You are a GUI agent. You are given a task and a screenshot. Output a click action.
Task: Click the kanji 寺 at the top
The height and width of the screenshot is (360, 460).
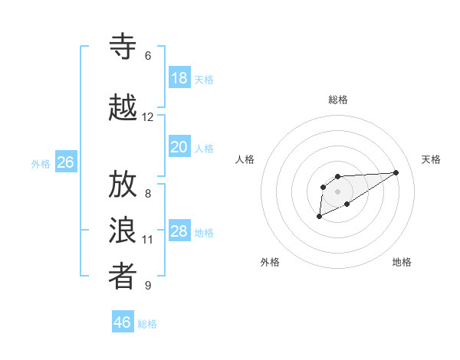(123, 47)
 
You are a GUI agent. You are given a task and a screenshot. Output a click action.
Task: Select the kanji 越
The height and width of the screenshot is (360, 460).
(123, 108)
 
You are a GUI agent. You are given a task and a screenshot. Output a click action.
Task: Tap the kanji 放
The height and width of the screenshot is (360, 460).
(123, 185)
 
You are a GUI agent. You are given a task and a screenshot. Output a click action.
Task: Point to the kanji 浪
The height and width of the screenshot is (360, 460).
(123, 231)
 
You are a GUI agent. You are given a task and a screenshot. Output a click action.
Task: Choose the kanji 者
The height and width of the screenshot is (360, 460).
(123, 277)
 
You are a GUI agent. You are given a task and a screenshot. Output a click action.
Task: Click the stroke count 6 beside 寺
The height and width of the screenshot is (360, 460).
(147, 56)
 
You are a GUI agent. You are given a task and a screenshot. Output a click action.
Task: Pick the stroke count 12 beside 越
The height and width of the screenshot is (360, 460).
(148, 117)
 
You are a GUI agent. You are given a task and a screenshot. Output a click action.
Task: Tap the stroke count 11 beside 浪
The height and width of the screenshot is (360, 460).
(148, 240)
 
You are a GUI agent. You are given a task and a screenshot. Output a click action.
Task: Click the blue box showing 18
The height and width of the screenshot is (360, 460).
(179, 77)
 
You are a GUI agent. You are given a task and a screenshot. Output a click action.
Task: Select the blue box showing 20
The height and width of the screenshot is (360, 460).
(179, 146)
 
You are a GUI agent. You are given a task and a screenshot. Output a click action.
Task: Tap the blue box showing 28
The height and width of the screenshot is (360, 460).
(179, 231)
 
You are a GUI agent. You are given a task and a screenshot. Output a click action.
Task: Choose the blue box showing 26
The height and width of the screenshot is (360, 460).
(65, 162)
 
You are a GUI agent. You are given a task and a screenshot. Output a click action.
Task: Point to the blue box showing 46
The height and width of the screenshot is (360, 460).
(122, 322)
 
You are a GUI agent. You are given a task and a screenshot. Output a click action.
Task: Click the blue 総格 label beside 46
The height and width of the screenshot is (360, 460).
(147, 324)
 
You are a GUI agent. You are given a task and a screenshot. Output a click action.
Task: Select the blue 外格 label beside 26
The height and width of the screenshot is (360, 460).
(41, 164)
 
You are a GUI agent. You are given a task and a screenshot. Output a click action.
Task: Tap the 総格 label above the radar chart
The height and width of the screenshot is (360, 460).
(337, 100)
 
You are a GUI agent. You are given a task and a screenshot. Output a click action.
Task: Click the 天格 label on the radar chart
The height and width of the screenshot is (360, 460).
(431, 159)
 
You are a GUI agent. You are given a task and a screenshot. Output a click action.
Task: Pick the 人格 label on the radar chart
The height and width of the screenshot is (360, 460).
(245, 159)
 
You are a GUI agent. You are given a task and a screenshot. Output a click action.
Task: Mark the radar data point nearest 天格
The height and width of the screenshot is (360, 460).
(396, 172)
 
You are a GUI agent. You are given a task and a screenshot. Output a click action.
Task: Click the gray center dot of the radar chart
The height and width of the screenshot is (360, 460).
(337, 191)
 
